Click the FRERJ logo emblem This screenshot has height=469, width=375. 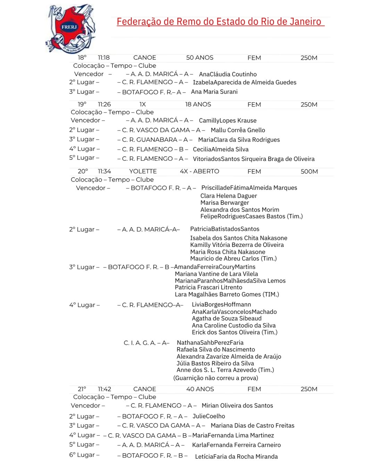pyautogui.click(x=70, y=29)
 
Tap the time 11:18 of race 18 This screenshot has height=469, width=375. pyautogui.click(x=103, y=58)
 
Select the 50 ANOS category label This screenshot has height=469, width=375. pyautogui.click(x=200, y=58)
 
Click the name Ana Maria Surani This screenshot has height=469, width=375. pyautogui.click(x=214, y=92)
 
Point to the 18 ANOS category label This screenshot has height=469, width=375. pyautogui.click(x=198, y=104)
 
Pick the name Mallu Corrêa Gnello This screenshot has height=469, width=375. pyautogui.click(x=238, y=130)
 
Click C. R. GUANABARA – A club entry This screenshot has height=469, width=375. pyautogui.click(x=155, y=140)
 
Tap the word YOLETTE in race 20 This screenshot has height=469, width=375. pyautogui.click(x=143, y=171)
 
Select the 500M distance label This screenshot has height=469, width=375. pyautogui.click(x=309, y=171)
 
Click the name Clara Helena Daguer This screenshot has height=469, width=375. pyautogui.click(x=228, y=196)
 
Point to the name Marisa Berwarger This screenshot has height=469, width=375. pyautogui.click(x=225, y=203)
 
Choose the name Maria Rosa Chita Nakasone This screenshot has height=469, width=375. pyautogui.click(x=227, y=252)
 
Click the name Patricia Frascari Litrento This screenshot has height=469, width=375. pyautogui.click(x=208, y=287)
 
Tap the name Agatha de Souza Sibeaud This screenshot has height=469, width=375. pyautogui.click(x=227, y=318)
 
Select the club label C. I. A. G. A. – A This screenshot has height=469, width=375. pyautogui.click(x=146, y=343)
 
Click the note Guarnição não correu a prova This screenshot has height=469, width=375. pyautogui.click(x=216, y=378)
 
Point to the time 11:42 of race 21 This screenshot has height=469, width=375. pyautogui.click(x=104, y=389)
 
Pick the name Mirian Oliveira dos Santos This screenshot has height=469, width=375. pyautogui.click(x=237, y=405)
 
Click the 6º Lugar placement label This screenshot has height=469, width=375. pyautogui.click(x=84, y=455)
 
